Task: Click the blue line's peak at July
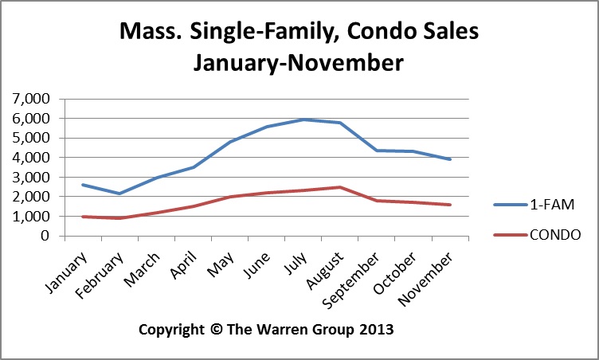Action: click(x=303, y=119)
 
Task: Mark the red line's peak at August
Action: click(x=340, y=187)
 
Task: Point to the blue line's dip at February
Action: click(x=119, y=194)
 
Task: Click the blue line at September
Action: click(x=378, y=151)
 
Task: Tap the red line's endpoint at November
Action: click(x=451, y=205)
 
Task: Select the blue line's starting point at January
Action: click(x=82, y=185)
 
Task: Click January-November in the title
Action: click(x=298, y=62)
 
